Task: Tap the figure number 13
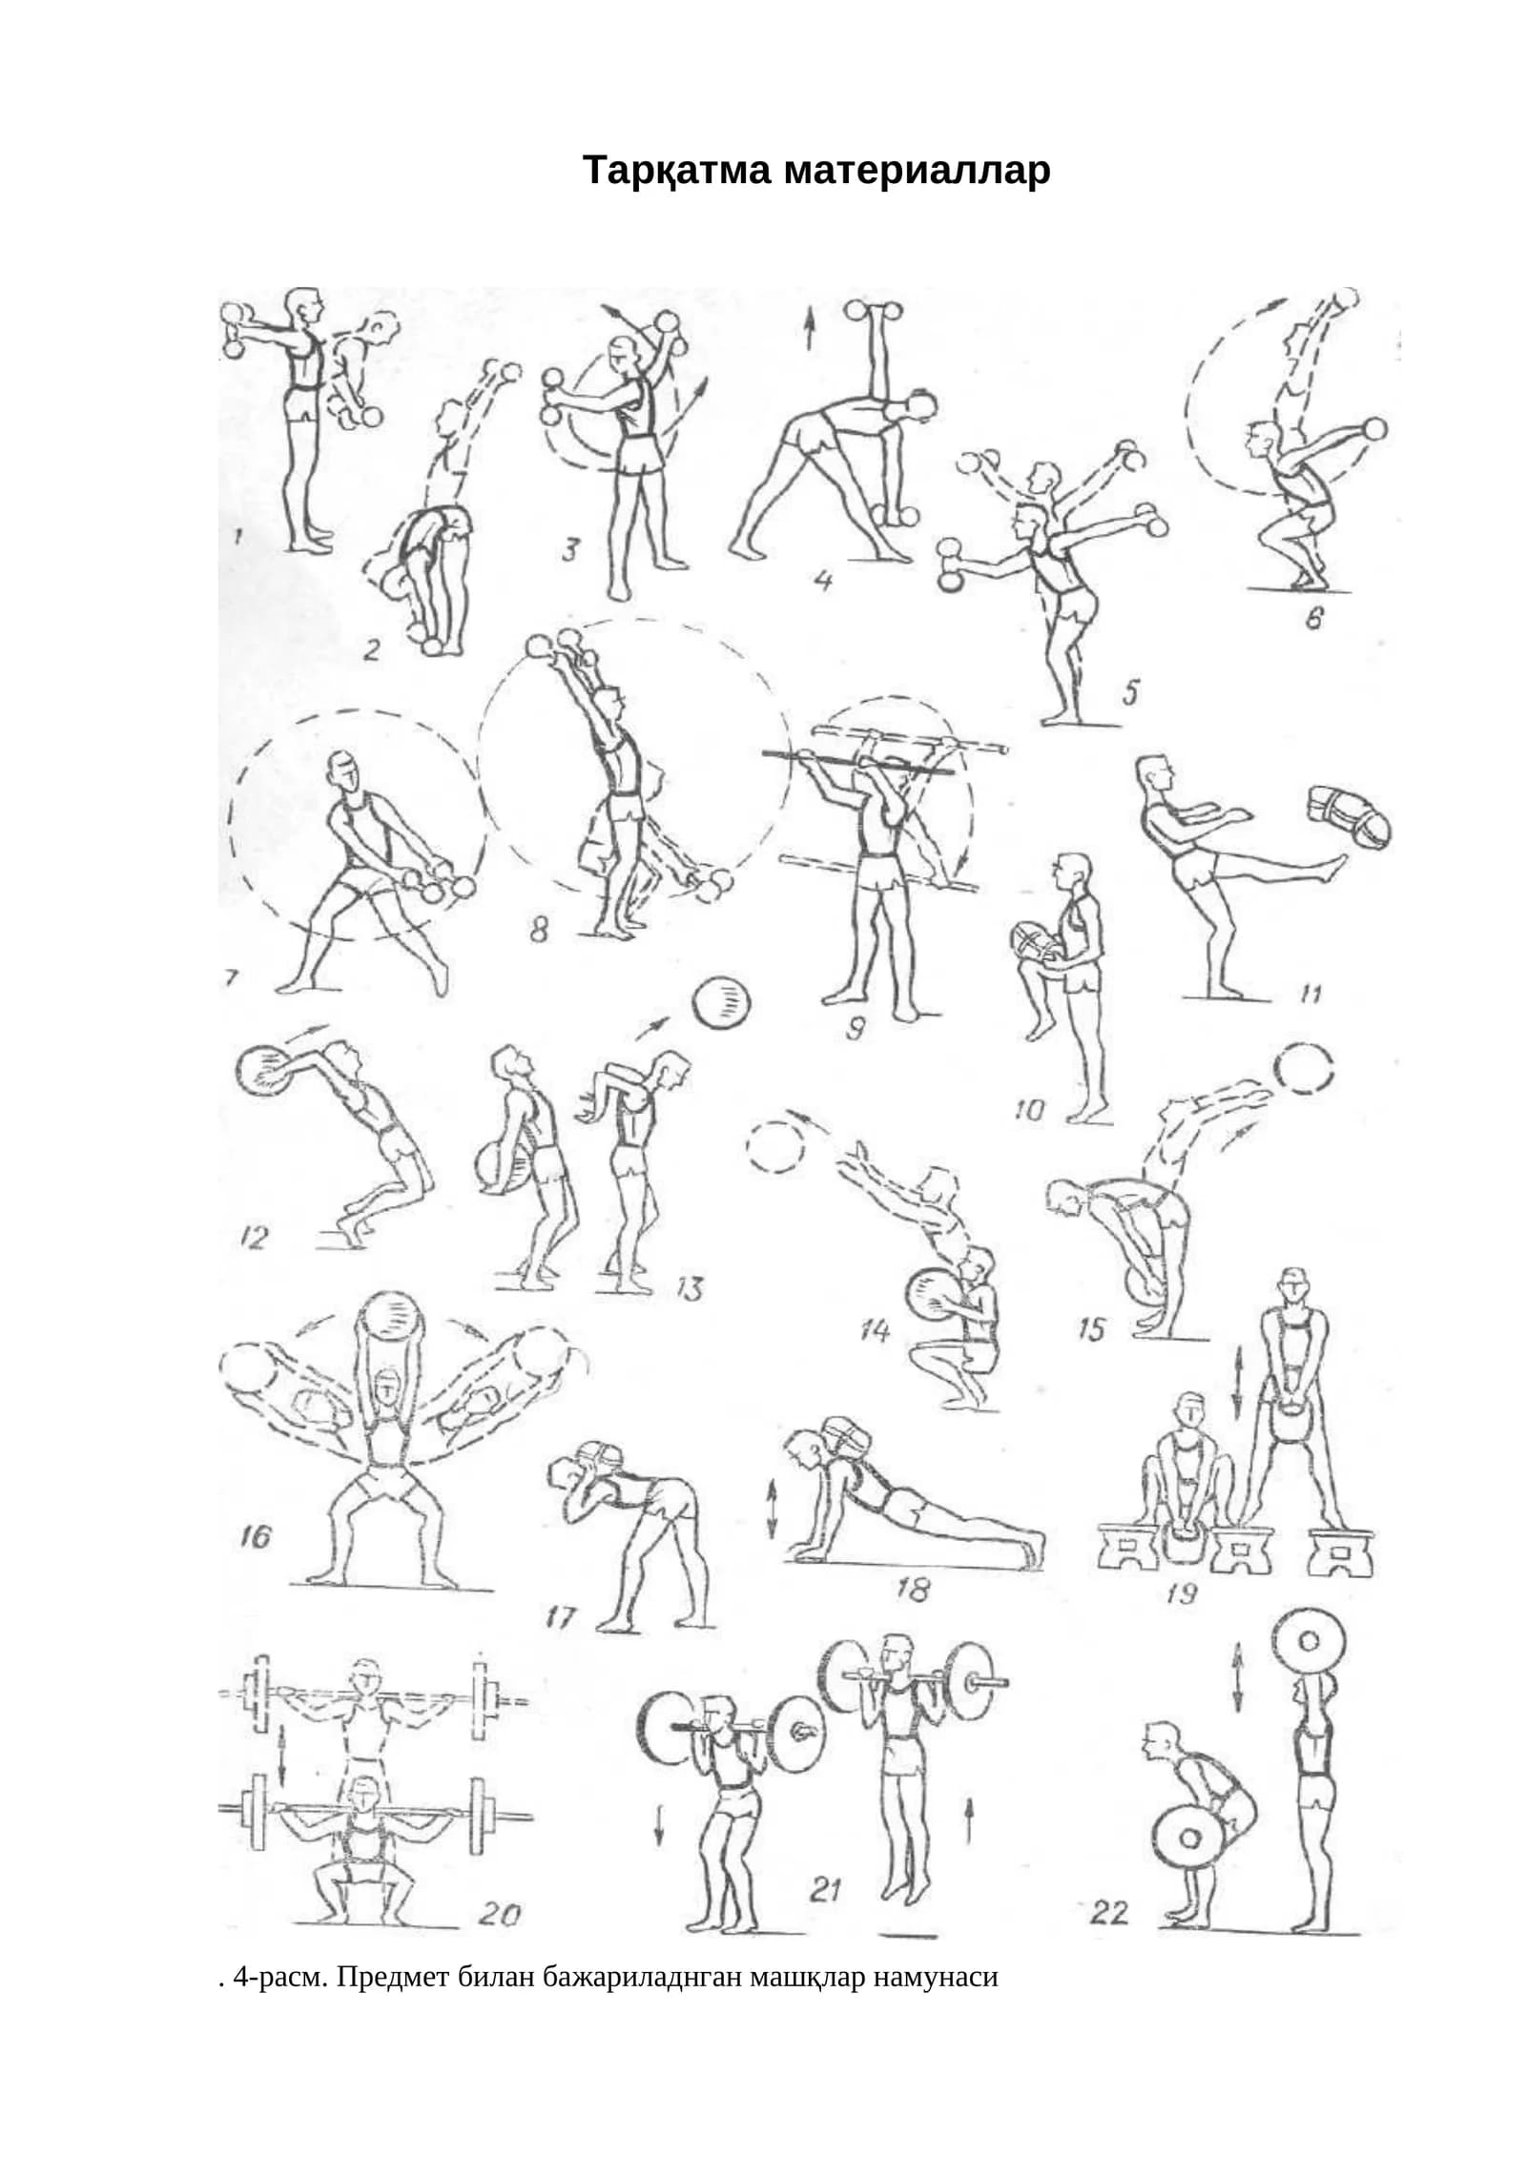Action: pos(689,1289)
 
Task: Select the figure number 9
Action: pos(855,1027)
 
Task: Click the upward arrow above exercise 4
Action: pos(810,332)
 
